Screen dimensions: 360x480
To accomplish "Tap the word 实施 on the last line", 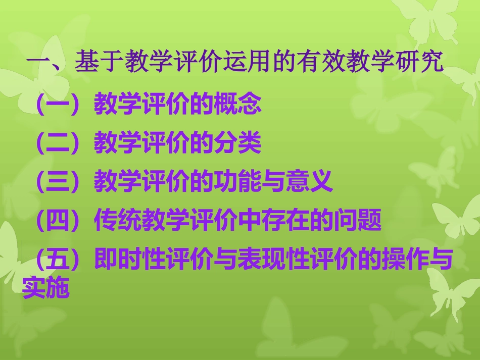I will coord(46,289).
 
